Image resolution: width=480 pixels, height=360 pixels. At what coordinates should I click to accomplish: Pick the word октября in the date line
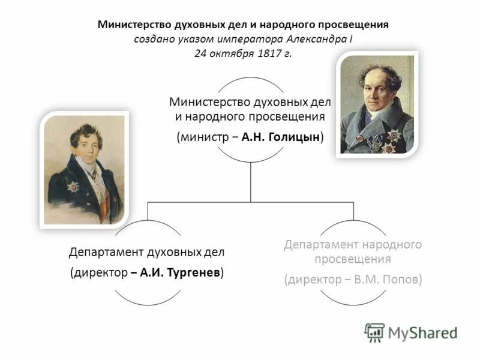click(232, 53)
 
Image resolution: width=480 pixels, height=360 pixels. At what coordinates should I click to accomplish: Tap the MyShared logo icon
click(374, 332)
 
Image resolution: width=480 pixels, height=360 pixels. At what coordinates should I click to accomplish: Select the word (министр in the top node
click(200, 137)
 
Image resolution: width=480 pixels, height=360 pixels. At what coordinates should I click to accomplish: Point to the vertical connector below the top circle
click(251, 183)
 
